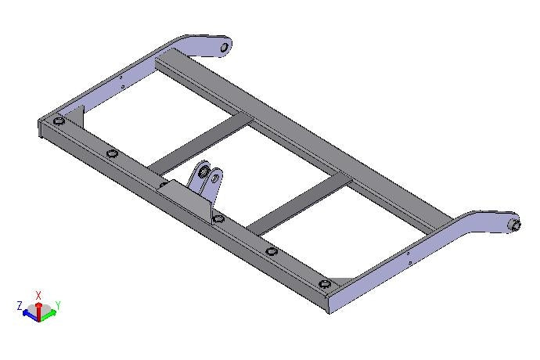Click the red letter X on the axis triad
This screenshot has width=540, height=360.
tap(38, 295)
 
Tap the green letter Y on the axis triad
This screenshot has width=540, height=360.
tap(58, 305)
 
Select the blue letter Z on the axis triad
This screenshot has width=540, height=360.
tap(20, 305)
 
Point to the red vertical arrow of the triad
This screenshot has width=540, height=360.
tap(39, 311)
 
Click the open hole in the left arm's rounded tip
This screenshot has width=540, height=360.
tap(224, 47)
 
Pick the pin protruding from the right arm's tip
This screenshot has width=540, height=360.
tap(516, 225)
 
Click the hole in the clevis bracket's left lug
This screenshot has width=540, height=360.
tap(204, 171)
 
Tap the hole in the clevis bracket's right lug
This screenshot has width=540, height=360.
tap(215, 178)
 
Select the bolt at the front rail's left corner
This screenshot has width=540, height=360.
tap(59, 121)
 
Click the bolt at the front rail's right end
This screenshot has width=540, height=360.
tap(325, 284)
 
